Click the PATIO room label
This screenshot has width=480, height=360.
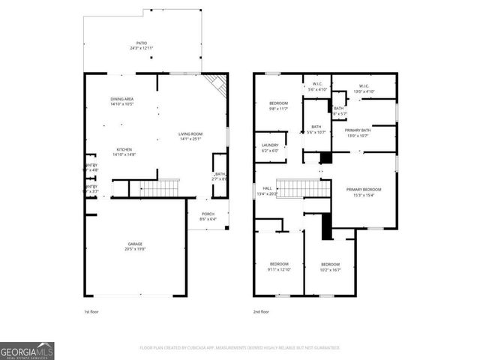[142, 45]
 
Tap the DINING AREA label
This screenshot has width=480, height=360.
[121, 101]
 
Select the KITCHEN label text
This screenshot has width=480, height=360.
[124, 151]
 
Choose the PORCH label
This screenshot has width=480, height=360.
[207, 216]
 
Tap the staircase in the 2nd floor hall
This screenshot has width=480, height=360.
[304, 187]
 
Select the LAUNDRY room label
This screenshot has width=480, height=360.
[270, 147]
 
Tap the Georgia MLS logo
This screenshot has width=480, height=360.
[27, 351]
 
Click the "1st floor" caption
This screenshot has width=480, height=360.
[91, 311]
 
